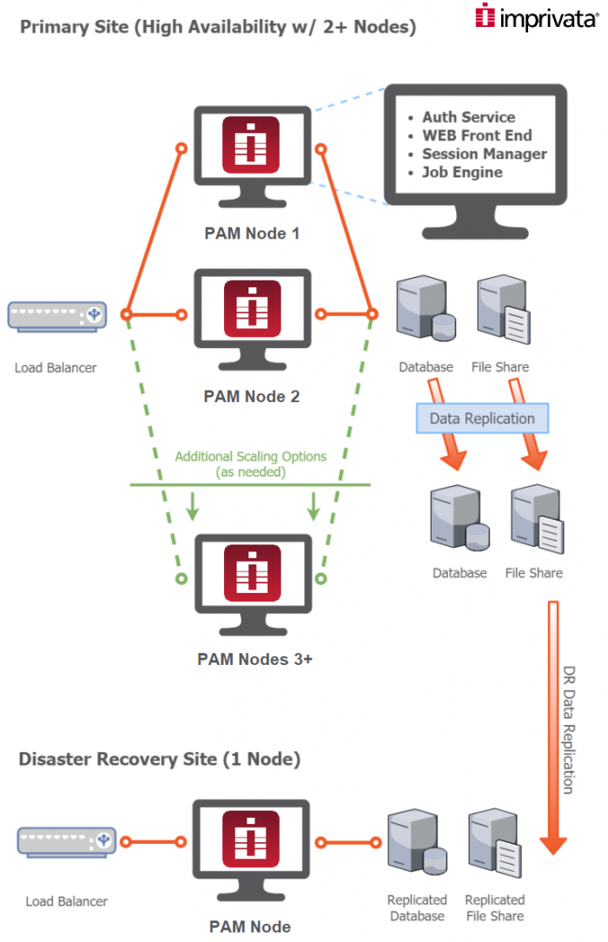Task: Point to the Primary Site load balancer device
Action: click(x=57, y=315)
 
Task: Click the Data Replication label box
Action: click(x=482, y=418)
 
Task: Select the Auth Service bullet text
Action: click(x=468, y=117)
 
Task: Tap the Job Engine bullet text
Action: click(x=462, y=172)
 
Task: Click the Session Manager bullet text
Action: click(x=484, y=154)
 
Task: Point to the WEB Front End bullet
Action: click(x=477, y=135)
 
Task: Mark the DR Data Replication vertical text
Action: click(x=568, y=729)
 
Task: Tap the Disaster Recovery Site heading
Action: click(x=160, y=760)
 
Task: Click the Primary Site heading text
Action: click(x=217, y=27)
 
